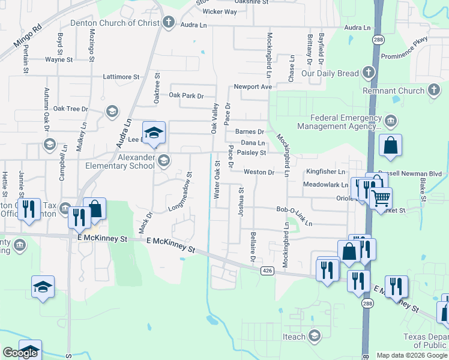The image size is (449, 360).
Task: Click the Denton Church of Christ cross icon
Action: [x=169, y=23]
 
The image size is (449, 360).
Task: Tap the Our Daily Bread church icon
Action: [x=368, y=73]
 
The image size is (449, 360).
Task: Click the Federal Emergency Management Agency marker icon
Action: [x=391, y=121]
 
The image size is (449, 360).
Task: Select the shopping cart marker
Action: [x=381, y=197]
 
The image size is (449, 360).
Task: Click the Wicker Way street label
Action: [x=220, y=11]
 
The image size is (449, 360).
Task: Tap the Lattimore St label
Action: [x=121, y=77]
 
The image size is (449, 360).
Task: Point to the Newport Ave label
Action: [x=253, y=86]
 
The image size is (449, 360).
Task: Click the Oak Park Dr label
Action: [x=187, y=95]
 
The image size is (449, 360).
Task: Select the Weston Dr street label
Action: [x=259, y=172]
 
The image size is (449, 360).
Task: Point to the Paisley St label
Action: [x=251, y=152]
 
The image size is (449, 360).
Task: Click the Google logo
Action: [x=20, y=353]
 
